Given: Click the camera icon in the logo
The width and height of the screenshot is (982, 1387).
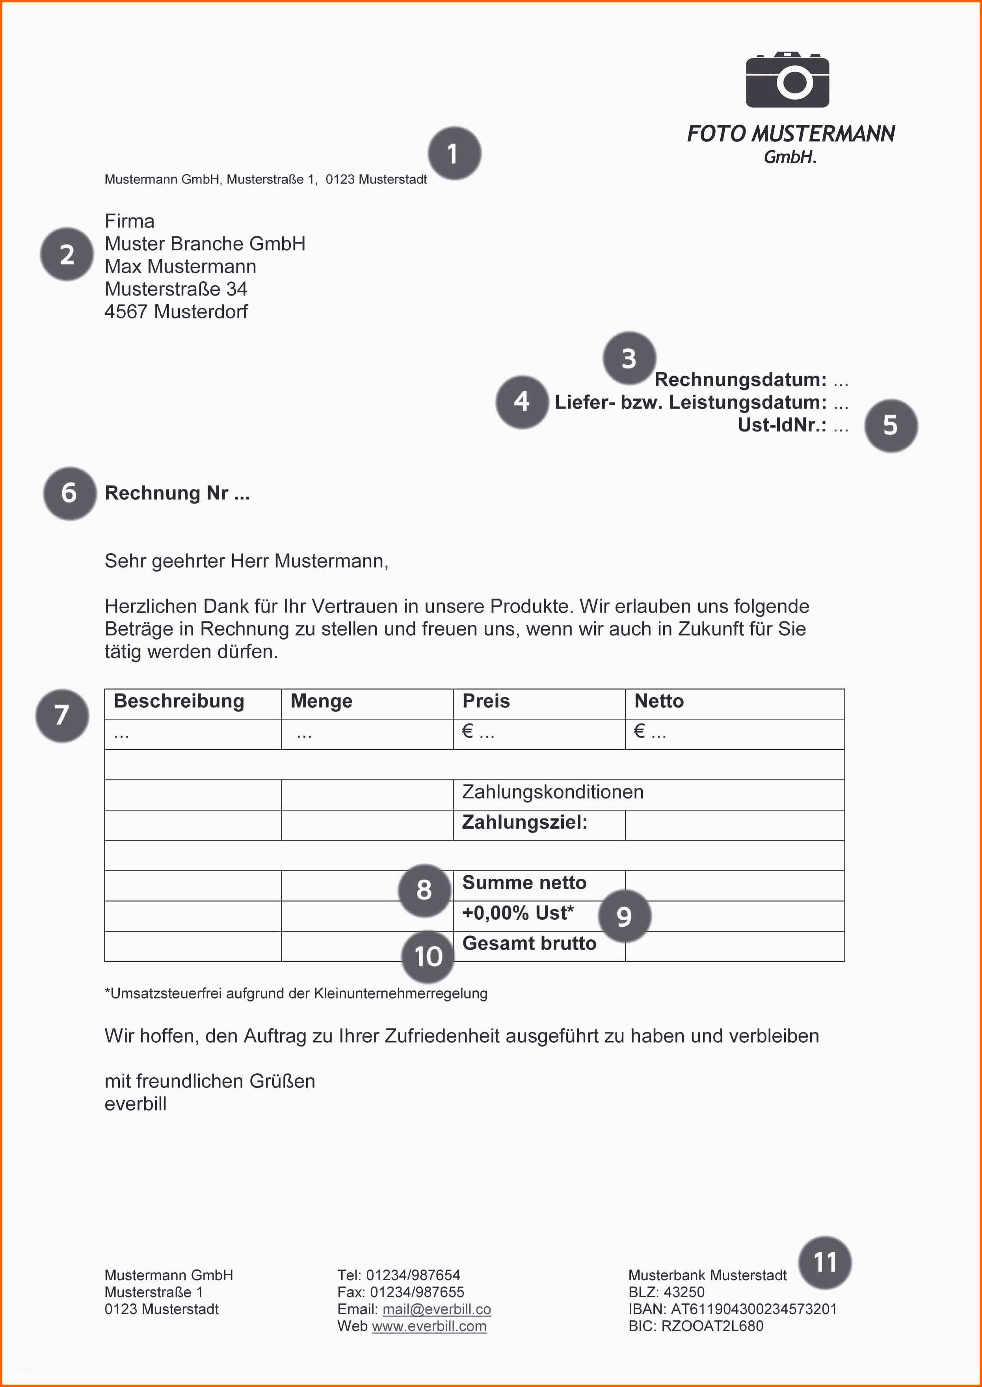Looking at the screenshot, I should point(787,80).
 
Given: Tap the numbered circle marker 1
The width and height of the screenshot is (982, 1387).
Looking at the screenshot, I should point(454,154).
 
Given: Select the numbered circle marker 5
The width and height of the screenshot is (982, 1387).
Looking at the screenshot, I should point(890,426).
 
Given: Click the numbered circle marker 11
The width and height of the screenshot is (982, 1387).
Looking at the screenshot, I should point(824,1262).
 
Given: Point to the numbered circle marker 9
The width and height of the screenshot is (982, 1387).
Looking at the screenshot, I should point(624,917).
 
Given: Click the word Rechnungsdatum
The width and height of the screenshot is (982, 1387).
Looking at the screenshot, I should point(740,380).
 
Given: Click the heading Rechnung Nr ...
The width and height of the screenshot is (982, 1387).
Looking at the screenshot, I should point(177,493).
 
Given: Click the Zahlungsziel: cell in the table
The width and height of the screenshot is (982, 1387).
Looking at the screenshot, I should point(524,822).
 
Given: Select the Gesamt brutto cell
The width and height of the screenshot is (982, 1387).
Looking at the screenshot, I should point(529,944).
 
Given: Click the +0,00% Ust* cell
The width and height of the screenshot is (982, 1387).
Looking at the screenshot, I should point(518,913).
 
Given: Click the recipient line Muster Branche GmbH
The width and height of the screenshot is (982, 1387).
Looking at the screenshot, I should point(205,244).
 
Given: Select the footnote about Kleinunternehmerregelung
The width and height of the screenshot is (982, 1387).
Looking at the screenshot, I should point(296,993).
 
